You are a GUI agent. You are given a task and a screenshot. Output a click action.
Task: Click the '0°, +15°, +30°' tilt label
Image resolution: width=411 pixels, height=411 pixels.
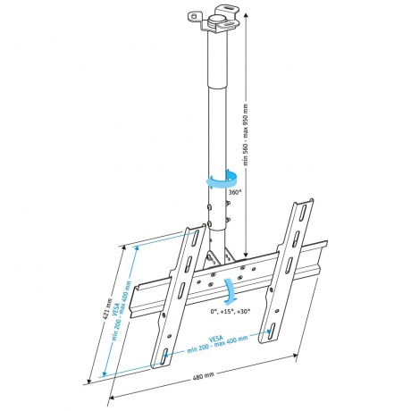click(231, 311)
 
